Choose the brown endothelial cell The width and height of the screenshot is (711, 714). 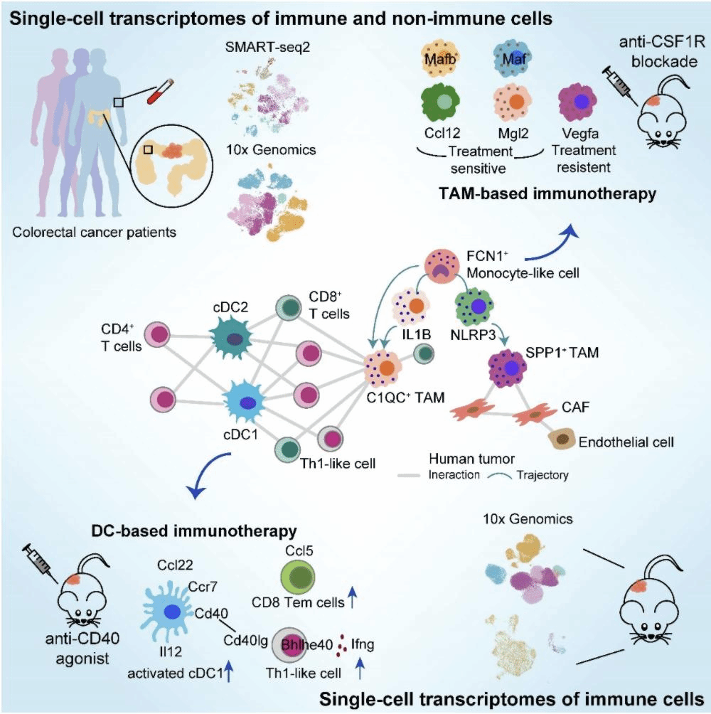tap(562, 437)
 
